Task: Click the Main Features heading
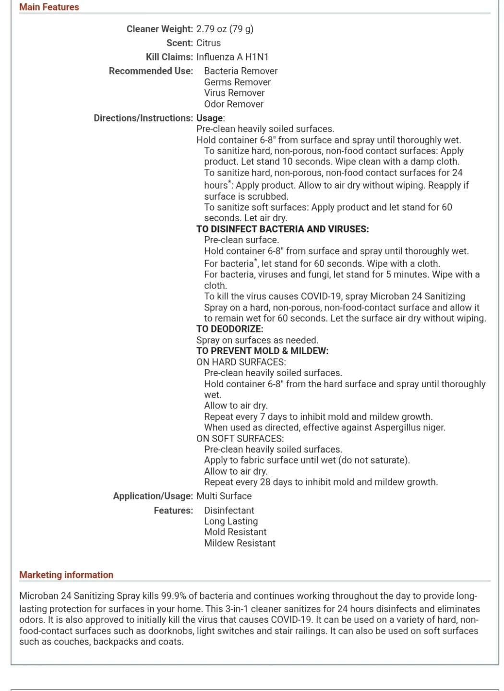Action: coord(49,7)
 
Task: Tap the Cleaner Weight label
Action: coord(159,29)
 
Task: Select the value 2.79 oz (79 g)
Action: coord(225,29)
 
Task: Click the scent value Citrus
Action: coord(208,43)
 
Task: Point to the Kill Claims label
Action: coord(169,57)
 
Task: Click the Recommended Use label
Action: coord(151,71)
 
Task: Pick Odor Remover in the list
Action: coord(234,104)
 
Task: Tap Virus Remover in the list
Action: coord(234,93)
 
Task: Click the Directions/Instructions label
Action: coord(143,118)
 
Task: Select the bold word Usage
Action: coord(210,118)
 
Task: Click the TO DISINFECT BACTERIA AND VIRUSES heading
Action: coord(282,229)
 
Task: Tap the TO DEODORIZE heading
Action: coord(229,329)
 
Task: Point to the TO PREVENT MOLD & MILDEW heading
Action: coord(262,351)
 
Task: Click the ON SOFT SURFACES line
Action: coord(240,439)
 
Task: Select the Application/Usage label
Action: coord(153,496)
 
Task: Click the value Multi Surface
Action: coord(224,496)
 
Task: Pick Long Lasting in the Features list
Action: coord(231,521)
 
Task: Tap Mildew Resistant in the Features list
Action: coord(240,543)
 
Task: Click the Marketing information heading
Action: coord(66,575)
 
